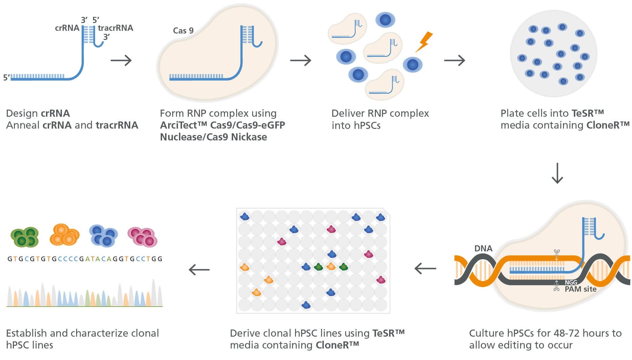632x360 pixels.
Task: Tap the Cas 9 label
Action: click(183, 31)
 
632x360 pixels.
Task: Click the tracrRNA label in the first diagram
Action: click(115, 28)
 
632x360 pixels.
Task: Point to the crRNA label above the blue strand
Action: click(67, 28)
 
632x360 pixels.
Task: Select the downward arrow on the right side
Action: click(557, 173)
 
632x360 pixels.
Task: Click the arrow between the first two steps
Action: click(121, 61)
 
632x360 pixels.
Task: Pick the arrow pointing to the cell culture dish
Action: click(454, 61)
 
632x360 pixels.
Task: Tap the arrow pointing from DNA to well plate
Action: click(425, 269)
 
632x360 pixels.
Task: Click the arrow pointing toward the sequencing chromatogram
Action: click(199, 270)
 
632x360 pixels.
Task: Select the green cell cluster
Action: click(25, 237)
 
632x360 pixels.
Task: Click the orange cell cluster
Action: click(64, 235)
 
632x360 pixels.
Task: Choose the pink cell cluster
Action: click(142, 237)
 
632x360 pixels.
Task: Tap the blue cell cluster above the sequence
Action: click(104, 236)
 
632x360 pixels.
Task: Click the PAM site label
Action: click(581, 289)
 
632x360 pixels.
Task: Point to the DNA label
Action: click(483, 248)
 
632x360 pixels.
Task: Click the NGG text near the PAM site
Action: click(571, 283)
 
